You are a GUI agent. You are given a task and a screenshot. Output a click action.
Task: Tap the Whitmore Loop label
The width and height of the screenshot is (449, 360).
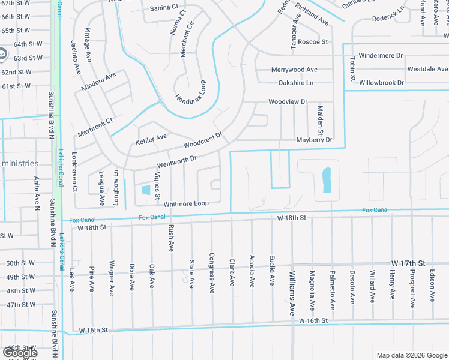click(186, 204)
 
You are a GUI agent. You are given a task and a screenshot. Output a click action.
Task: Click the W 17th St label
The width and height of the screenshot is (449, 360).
click(408, 263)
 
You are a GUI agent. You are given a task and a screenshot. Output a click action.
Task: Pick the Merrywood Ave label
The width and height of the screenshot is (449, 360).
click(294, 70)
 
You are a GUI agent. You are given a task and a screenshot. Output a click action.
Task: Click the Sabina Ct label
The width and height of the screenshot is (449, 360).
click(164, 8)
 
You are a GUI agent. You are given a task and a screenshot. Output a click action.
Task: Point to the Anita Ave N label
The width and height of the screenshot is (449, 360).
click(37, 192)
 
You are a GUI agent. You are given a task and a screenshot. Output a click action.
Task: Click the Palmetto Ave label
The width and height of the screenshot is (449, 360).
click(332, 290)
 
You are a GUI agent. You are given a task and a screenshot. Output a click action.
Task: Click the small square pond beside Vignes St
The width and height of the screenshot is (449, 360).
click(146, 190)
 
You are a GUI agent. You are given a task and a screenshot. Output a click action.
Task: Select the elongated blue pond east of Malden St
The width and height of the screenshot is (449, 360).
click(327, 180)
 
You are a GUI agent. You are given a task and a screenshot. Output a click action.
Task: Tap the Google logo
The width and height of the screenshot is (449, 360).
click(20, 353)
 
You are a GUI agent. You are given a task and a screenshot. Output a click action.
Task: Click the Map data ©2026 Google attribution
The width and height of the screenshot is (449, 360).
click(411, 355)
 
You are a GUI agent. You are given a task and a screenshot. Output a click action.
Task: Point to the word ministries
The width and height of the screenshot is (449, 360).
click(19, 163)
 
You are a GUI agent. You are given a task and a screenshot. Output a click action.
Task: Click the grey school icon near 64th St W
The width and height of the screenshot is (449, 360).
click(2, 54)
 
